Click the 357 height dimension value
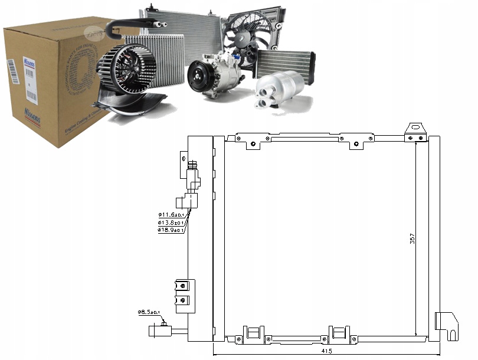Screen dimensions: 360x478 [413, 238]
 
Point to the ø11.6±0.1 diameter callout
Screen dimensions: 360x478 [171, 215]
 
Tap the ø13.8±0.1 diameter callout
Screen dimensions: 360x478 [171, 222]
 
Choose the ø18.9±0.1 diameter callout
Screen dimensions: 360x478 [171, 230]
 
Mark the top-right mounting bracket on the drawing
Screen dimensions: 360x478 [415, 133]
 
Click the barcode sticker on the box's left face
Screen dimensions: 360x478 [12, 77]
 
